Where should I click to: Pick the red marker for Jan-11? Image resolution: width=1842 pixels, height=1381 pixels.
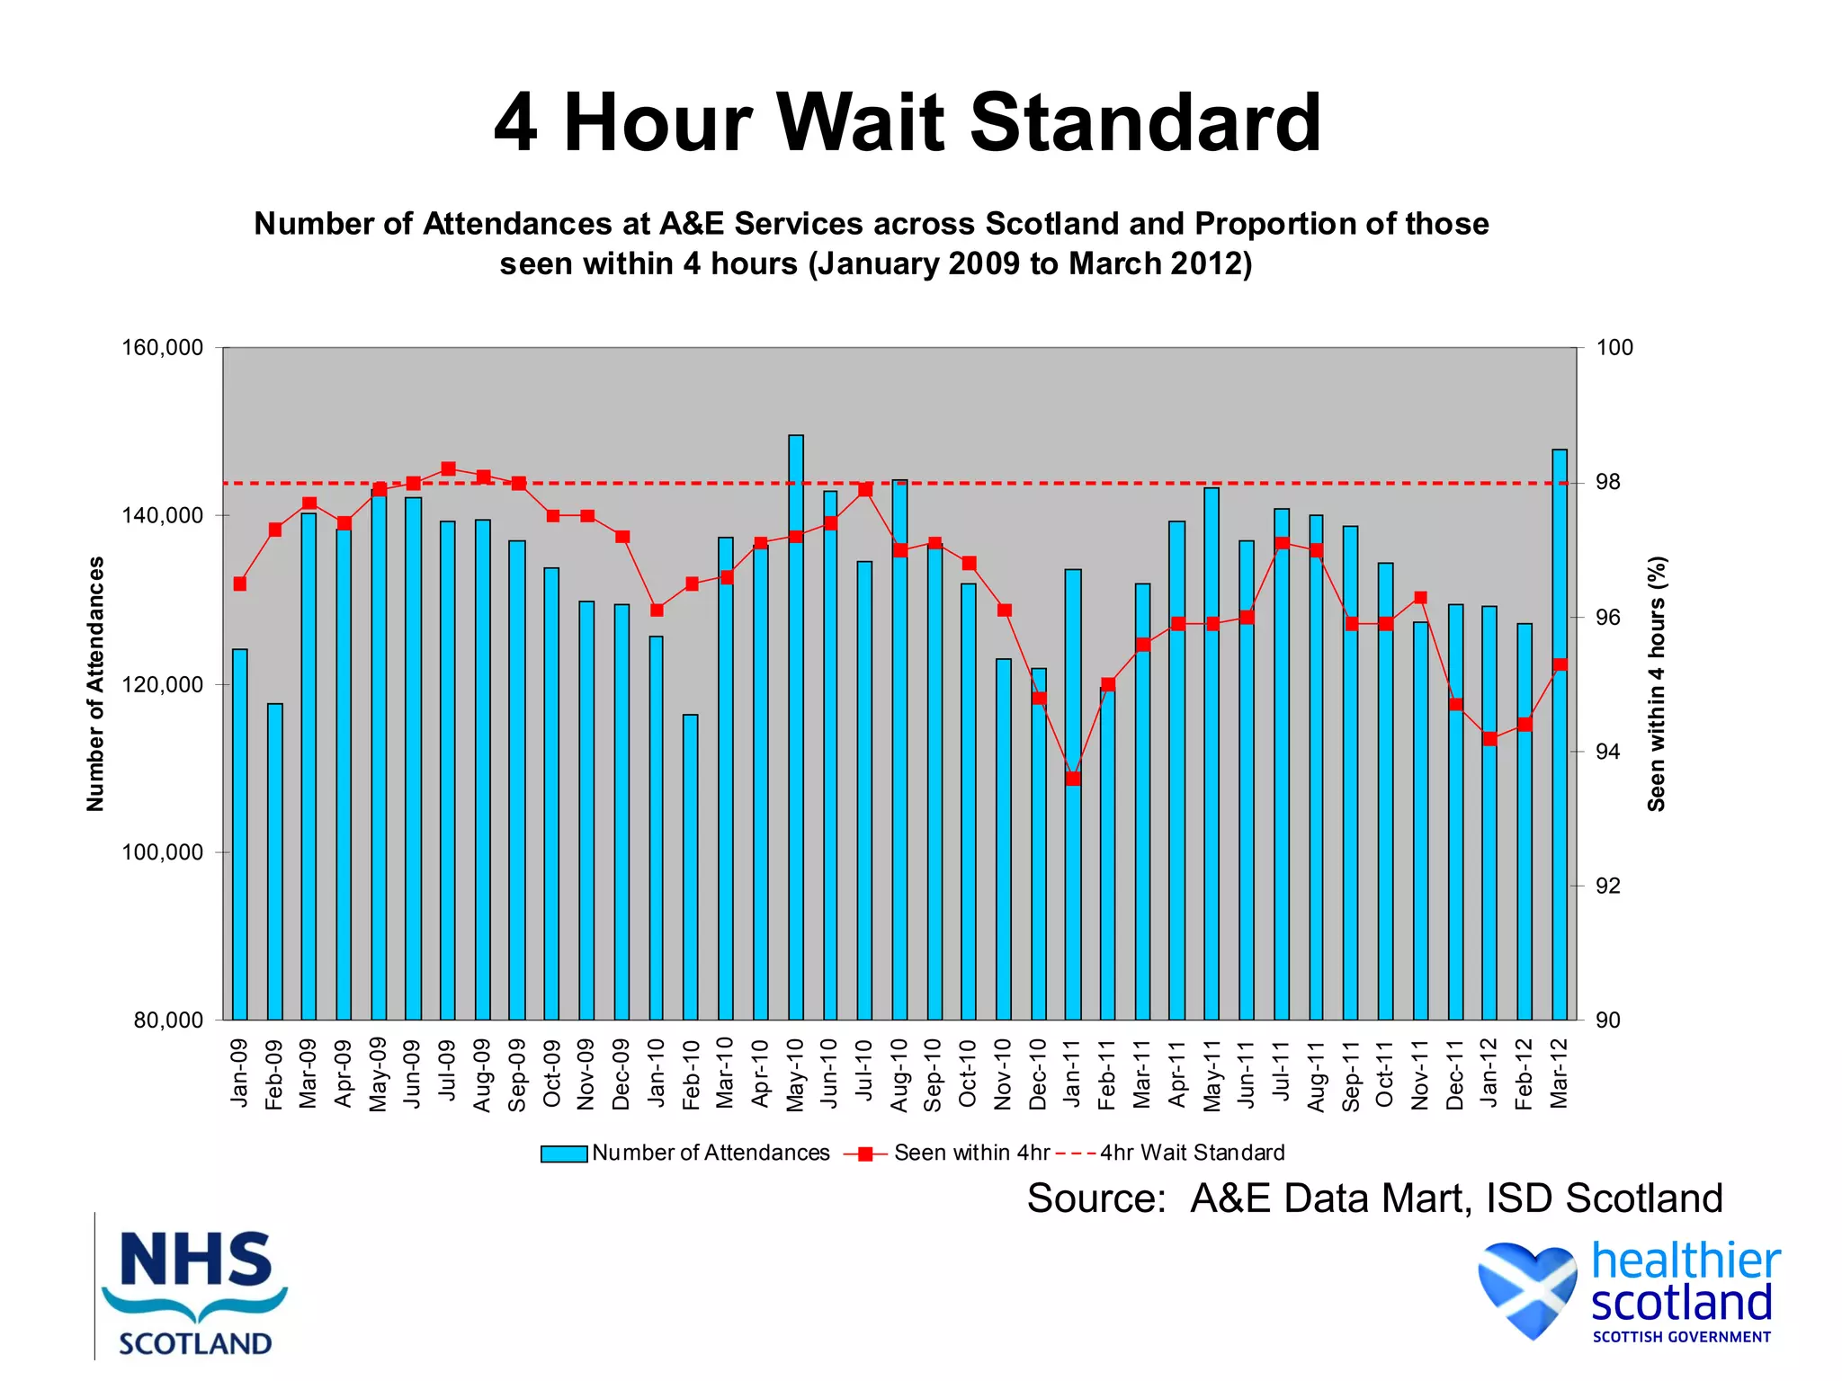coord(1073,779)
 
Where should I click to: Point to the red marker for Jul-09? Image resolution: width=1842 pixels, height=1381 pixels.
coord(448,468)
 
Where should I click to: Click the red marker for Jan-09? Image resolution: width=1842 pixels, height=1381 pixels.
coord(240,584)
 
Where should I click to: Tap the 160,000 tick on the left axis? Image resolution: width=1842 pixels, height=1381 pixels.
coord(163,348)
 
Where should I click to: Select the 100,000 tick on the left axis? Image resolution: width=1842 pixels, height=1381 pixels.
coord(163,852)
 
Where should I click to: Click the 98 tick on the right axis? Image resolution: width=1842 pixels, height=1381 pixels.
coord(1608,483)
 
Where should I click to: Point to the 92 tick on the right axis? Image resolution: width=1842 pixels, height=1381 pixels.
coord(1608,887)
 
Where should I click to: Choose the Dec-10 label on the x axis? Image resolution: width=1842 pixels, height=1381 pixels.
coord(1038,1074)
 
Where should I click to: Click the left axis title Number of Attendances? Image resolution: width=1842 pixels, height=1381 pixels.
coord(95,683)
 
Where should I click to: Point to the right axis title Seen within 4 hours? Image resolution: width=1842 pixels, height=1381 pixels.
coord(1657,683)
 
